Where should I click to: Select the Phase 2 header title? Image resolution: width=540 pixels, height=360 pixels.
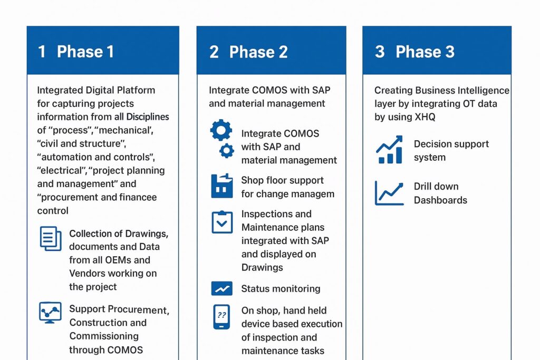point(258,52)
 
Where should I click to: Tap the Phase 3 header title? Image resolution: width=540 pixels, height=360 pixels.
point(425,52)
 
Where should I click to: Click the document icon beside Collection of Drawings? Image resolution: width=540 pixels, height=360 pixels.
point(51,239)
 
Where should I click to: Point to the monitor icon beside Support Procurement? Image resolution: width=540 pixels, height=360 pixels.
point(51,312)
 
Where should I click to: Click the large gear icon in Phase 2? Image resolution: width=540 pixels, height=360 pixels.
point(221,130)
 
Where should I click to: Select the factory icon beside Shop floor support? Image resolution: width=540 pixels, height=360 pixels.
point(221,186)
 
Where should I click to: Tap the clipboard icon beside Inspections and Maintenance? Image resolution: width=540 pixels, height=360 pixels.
point(221,222)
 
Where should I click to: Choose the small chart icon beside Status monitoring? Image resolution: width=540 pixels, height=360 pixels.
point(221,288)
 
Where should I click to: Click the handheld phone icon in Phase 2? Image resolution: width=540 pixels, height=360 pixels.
point(221,317)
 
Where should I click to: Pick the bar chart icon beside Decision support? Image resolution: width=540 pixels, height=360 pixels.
point(389,150)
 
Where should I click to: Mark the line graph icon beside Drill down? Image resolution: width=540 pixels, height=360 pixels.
point(389,193)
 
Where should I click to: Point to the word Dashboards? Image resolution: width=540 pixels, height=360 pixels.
point(440,200)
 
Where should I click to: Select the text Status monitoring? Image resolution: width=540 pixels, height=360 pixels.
point(281,289)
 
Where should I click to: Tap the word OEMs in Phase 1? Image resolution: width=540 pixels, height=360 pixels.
point(135,260)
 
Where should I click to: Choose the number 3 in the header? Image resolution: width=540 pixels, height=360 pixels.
point(380,52)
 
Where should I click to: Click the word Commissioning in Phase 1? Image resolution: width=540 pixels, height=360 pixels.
point(104,336)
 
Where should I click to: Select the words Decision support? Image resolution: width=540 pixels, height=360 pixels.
point(451,144)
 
